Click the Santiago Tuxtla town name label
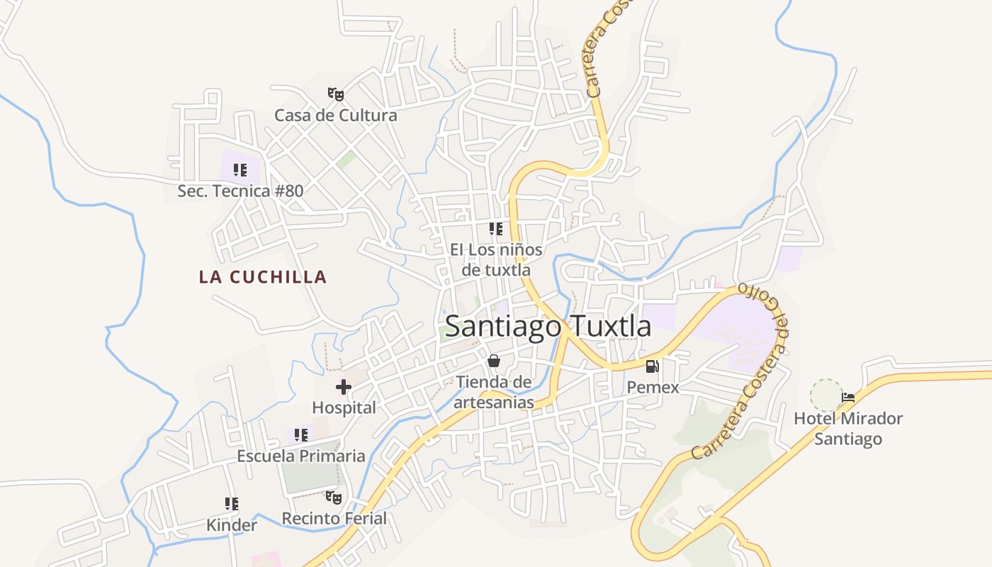pos(548,326)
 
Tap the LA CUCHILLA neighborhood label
pos(263,276)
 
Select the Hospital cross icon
pos(344,387)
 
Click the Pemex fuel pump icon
pos(653,366)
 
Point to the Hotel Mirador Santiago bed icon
pos(848,398)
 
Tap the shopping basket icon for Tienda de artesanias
pos(494,361)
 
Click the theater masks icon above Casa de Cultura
pos(336,94)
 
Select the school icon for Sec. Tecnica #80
pos(240,170)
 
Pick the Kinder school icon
pos(232,504)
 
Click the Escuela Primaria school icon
pos(301,434)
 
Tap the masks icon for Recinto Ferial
pos(334,498)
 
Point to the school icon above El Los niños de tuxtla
pos(496,229)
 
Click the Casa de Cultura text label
pos(336,115)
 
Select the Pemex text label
pos(653,388)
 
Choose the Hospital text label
pos(344,408)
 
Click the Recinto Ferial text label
pos(334,519)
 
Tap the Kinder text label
pos(232,525)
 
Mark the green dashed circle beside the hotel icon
pos(826,395)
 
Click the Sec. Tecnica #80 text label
pos(240,191)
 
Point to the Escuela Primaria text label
pos(301,456)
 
